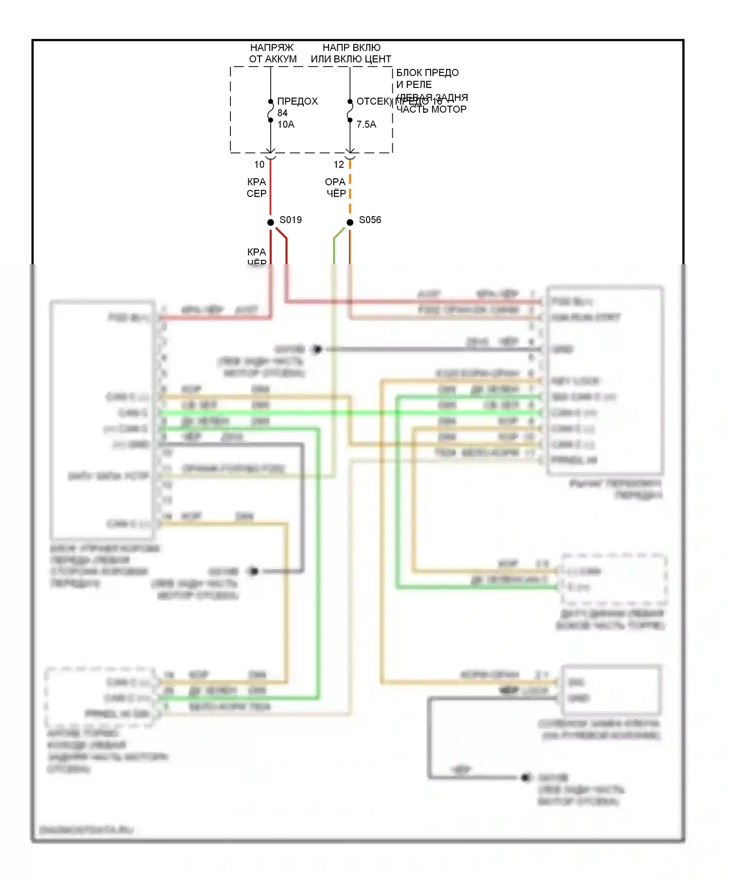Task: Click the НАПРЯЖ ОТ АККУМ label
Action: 272,53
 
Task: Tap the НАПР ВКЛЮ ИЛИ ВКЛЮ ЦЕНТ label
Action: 351,53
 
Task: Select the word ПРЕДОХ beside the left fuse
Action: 297,102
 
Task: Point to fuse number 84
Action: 282,113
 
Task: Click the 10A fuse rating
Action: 286,124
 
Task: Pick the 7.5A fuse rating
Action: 366,124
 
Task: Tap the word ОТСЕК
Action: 373,102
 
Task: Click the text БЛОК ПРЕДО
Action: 427,73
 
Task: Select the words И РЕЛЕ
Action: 414,85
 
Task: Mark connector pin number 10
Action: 260,165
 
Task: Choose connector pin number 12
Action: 339,165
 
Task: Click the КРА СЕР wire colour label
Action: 257,188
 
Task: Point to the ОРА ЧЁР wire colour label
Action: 336,188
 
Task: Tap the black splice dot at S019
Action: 271,222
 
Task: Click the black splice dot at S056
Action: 350,222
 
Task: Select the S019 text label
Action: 291,220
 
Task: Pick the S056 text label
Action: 370,220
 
